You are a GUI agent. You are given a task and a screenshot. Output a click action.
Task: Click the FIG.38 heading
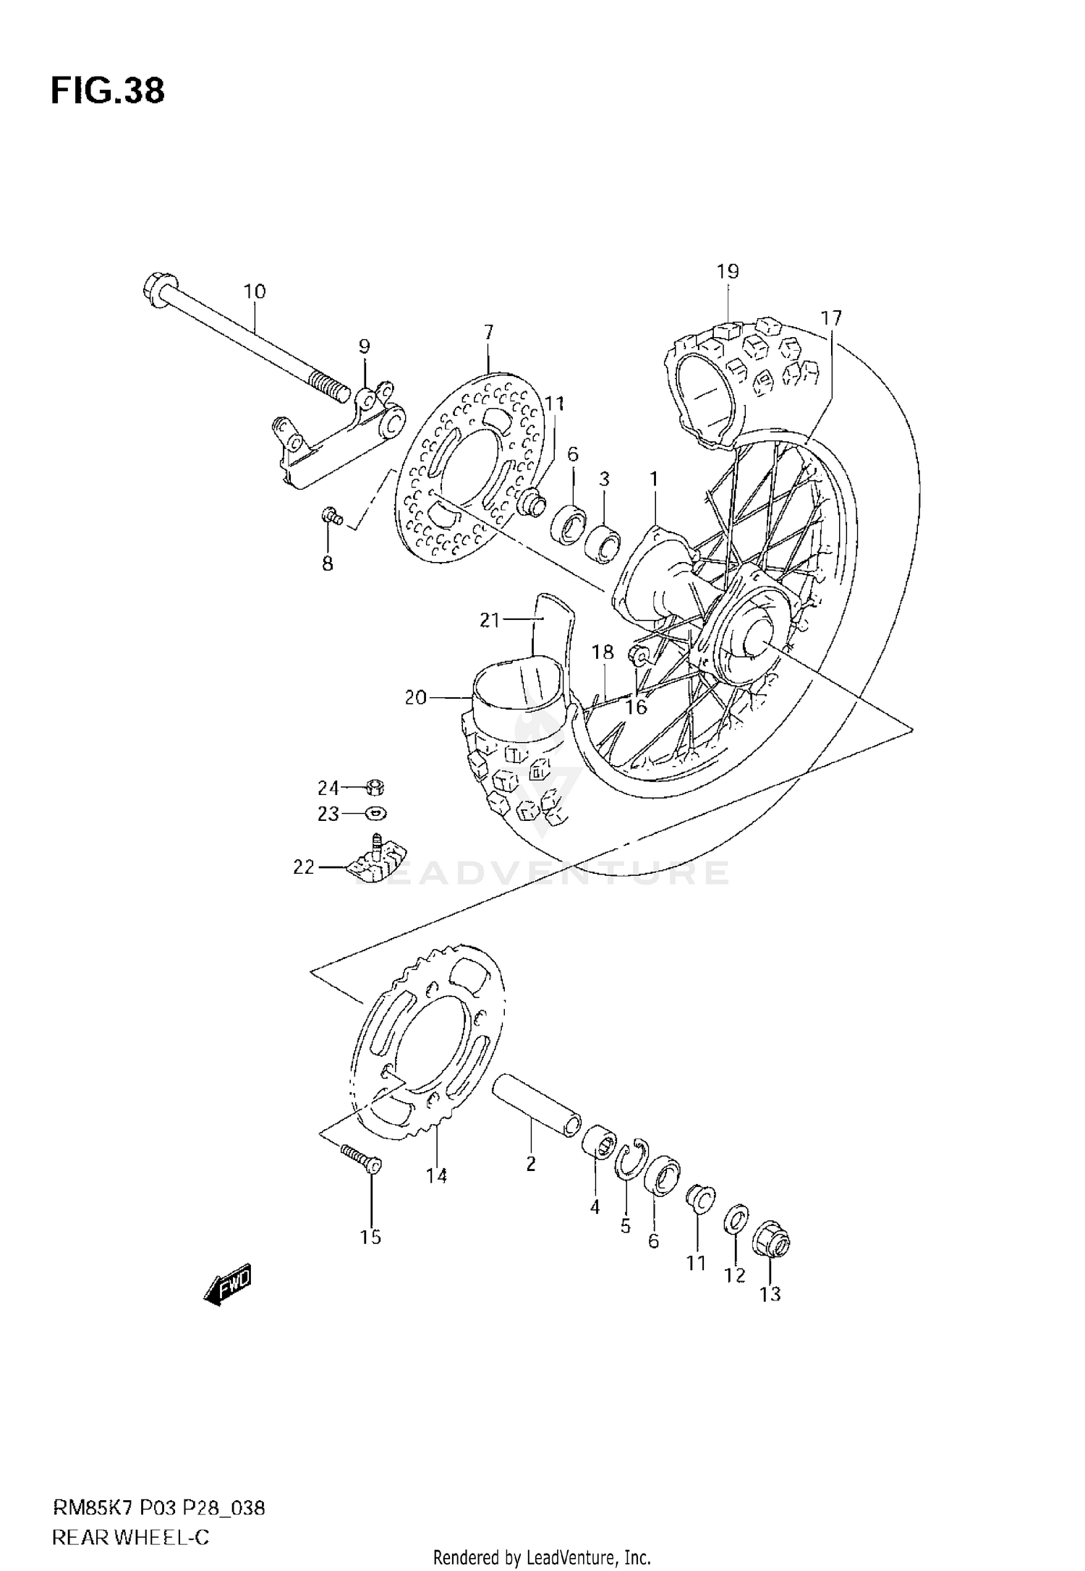point(108,92)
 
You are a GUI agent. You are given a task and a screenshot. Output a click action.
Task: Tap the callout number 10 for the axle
point(255,291)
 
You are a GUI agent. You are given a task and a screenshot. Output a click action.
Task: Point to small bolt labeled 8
point(332,516)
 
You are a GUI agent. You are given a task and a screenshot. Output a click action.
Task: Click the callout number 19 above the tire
point(728,272)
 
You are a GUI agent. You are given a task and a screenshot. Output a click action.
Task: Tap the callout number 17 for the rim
point(831,318)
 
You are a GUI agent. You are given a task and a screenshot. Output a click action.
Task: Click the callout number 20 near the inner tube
point(415,698)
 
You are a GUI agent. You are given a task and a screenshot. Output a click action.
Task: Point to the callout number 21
point(490,620)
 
